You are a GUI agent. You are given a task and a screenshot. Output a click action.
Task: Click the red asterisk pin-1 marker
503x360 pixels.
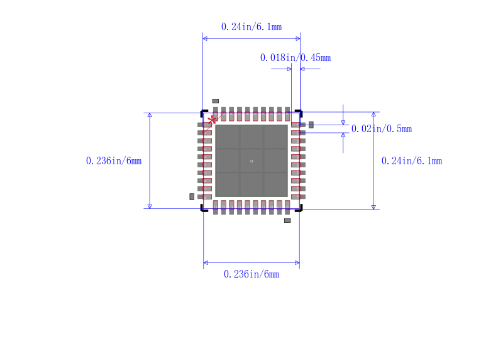[212, 120]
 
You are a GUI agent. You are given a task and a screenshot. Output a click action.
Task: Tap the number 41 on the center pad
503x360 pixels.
[251, 161]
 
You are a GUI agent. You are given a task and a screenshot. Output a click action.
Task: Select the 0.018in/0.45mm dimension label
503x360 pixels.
[295, 58]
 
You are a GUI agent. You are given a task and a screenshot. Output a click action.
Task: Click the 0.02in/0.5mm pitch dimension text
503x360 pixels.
[381, 129]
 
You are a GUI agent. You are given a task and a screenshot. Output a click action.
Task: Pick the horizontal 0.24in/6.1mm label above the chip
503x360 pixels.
[251, 27]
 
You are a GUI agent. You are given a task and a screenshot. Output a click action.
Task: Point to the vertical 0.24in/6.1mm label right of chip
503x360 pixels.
[411, 161]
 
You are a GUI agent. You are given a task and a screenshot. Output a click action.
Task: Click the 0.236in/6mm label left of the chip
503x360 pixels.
[113, 161]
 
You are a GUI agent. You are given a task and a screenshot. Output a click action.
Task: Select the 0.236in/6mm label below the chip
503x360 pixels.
[251, 274]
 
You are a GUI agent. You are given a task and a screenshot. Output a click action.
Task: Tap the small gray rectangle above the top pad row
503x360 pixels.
[215, 101]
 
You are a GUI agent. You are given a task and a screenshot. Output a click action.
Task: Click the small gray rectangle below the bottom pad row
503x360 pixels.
[287, 220]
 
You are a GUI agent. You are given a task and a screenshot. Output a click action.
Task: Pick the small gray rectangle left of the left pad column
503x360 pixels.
[192, 196]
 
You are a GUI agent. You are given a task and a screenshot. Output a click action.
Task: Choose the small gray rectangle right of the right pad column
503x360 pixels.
[311, 125]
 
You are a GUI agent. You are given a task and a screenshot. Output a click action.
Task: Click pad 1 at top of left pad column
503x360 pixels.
[204, 125]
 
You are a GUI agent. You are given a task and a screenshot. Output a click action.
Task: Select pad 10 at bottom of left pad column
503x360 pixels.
[204, 196]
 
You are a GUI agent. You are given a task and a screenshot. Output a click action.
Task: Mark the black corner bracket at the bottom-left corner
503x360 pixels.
[203, 208]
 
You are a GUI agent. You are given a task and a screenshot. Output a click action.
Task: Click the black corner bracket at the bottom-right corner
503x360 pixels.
[299, 208]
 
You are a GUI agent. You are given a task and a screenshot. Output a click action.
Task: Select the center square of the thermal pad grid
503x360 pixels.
[251, 161]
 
